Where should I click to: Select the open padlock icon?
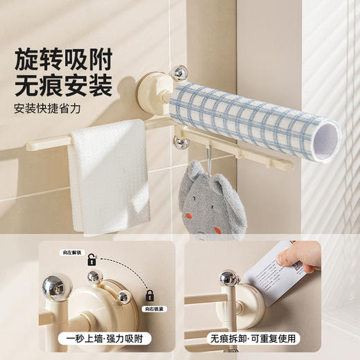pos(91,260)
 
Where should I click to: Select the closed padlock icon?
pos(149,296)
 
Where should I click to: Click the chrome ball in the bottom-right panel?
pos(228,278)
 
